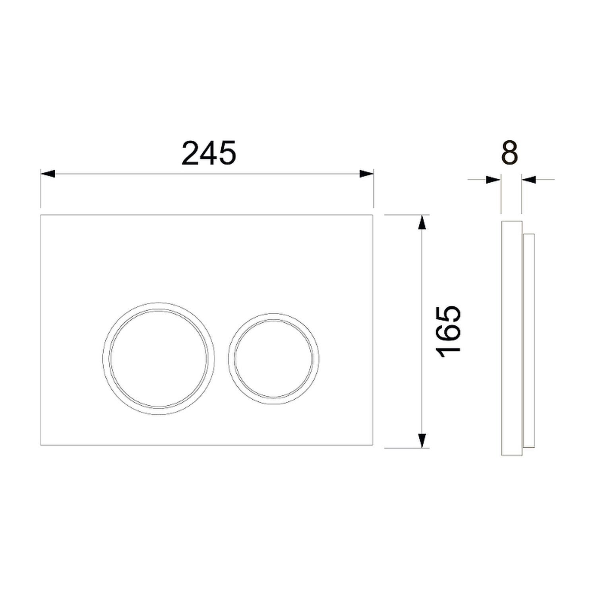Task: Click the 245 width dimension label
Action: [209, 153]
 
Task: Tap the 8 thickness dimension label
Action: [510, 153]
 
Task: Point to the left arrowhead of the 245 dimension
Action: [47, 174]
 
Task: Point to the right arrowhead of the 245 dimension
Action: [366, 174]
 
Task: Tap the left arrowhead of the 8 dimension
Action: [493, 180]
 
